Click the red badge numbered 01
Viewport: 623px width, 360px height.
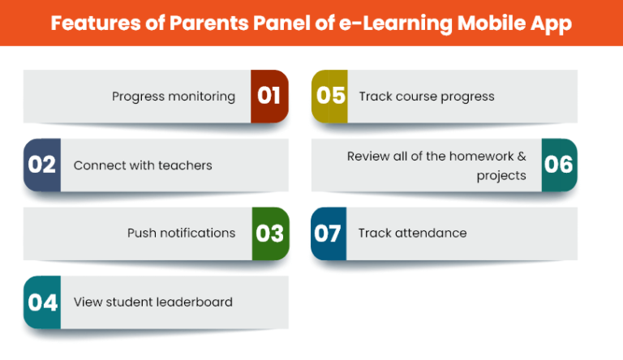pos(269,96)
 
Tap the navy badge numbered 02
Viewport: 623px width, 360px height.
pos(42,165)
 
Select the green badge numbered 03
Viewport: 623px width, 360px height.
pos(271,234)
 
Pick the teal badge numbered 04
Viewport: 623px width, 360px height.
pos(42,302)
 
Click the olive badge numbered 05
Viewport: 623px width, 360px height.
pos(330,96)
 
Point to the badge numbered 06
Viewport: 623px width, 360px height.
pos(560,165)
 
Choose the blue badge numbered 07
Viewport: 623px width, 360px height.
pos(329,234)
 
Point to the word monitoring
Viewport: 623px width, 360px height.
pos(202,96)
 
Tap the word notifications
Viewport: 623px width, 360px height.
pos(198,233)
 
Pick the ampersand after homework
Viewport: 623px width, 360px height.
pos(522,156)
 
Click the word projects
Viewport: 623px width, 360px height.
pos(501,176)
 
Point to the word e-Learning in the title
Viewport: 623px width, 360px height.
pos(396,24)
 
